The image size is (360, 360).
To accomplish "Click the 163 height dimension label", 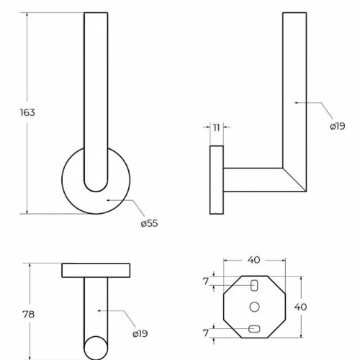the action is tap(27, 112).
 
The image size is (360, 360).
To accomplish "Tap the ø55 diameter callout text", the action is tap(149, 223).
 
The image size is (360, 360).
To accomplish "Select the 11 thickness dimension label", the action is tap(217, 127).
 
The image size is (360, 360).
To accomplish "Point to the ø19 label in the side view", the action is tap(338, 126).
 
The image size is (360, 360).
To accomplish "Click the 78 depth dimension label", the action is tap(29, 314).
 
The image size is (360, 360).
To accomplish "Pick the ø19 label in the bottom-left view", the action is tap(140, 333).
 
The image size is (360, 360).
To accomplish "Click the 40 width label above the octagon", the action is tap(254, 260).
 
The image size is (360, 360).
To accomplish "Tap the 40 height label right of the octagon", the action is tap(300, 307).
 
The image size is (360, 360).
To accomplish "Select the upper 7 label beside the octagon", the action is tap(206, 282).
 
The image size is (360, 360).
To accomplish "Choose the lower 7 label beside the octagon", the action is tap(206, 333).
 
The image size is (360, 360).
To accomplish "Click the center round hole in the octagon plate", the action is tap(254, 307).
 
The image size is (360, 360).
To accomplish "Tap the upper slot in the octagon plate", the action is tap(254, 286).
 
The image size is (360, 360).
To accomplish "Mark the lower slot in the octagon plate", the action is tap(254, 329).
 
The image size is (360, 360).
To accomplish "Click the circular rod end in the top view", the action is tap(96, 348).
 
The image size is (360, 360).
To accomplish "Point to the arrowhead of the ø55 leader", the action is tap(108, 200).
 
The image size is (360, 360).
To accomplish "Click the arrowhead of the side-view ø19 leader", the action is tap(297, 102).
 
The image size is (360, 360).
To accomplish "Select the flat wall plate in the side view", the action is tap(217, 180).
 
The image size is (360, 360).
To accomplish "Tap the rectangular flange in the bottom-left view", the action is tap(96, 271).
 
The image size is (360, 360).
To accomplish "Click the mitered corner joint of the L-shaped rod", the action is tap(294, 180).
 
